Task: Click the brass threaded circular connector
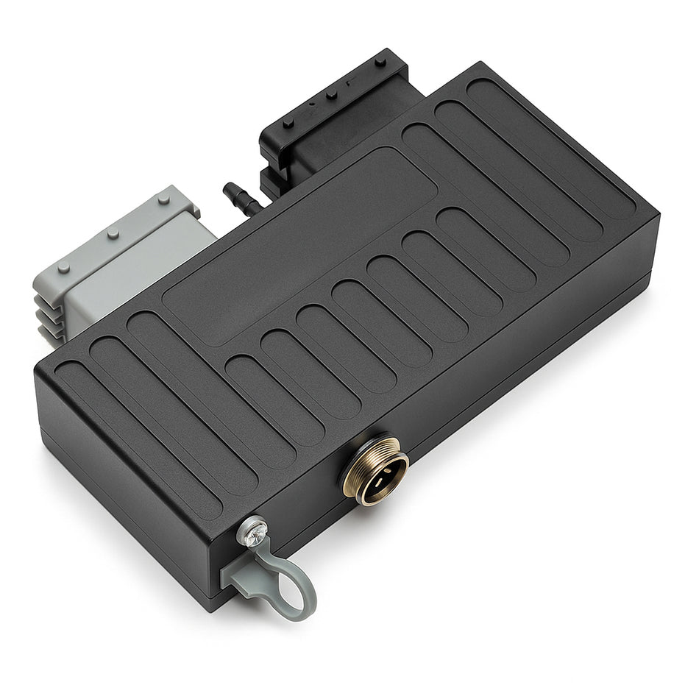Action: pos(375,471)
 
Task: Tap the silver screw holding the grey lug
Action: pos(252,531)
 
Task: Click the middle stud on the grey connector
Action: pos(113,235)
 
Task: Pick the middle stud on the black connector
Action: pos(332,94)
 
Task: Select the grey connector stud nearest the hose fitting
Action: pos(162,199)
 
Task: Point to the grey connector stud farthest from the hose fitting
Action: pos(64,268)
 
